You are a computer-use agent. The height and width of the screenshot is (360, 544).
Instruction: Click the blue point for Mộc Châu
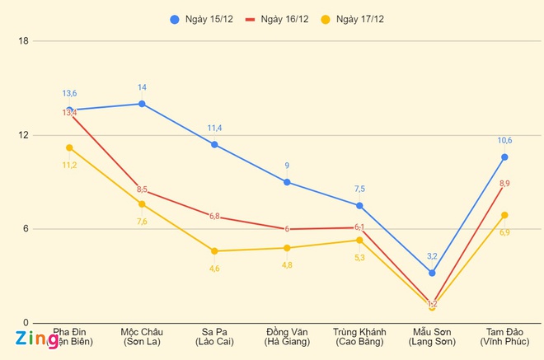(x=142, y=104)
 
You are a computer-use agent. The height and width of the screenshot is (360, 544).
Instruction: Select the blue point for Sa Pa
(x=214, y=144)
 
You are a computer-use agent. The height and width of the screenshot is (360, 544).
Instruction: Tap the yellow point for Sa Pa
(x=214, y=250)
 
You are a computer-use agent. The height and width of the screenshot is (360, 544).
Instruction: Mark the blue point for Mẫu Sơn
(x=432, y=273)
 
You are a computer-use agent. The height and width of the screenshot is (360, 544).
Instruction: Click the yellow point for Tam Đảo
(x=504, y=215)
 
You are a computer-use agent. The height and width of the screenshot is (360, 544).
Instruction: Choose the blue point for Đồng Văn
(x=287, y=182)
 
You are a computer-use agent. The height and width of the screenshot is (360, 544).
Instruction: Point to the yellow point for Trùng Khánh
(x=359, y=240)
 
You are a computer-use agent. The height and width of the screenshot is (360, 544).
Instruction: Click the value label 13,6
(x=69, y=93)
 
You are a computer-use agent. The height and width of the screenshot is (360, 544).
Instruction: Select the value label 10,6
(x=504, y=140)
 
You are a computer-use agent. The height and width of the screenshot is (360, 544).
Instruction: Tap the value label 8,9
(x=504, y=183)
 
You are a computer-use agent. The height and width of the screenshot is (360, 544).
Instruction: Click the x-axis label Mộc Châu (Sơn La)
(x=142, y=336)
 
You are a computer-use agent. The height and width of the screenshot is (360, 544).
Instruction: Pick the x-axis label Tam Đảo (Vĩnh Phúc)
(x=504, y=336)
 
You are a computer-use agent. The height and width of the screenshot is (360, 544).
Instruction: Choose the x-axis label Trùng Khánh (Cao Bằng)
(x=359, y=336)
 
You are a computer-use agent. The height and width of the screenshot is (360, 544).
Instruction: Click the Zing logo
(x=35, y=339)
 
